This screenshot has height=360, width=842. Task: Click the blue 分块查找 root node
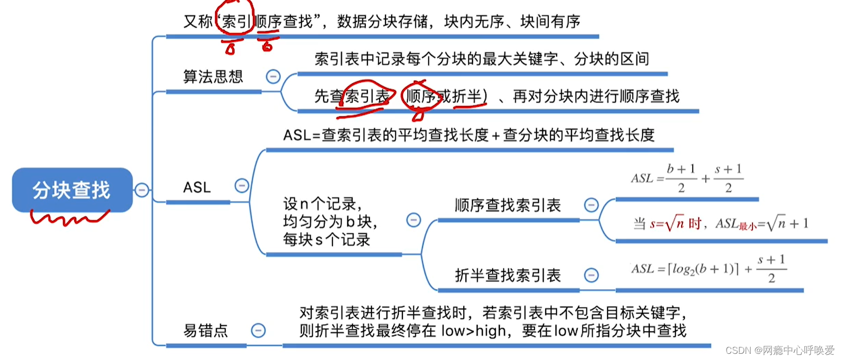click(x=72, y=190)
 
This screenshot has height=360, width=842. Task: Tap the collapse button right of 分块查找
click(x=142, y=190)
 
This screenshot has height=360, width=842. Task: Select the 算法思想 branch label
click(x=213, y=77)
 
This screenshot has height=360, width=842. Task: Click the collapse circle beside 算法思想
click(x=273, y=77)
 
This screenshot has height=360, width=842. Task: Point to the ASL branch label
click(x=197, y=187)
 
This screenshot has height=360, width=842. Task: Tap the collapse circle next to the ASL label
click(x=242, y=185)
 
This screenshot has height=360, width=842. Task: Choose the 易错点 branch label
click(x=206, y=331)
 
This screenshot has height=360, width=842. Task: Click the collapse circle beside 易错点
click(x=258, y=330)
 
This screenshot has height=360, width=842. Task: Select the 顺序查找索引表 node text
click(x=508, y=205)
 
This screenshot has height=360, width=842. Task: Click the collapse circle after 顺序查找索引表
click(x=591, y=205)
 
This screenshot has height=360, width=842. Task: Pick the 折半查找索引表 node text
click(x=508, y=276)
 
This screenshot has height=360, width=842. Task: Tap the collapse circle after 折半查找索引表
click(x=591, y=275)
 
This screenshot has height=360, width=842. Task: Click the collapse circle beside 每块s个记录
click(x=413, y=220)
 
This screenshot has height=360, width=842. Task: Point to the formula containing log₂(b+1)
click(x=709, y=269)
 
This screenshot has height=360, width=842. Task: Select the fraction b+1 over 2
click(x=681, y=178)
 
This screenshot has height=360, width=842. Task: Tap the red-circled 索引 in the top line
click(x=236, y=22)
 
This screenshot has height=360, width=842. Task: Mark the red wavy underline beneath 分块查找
click(x=70, y=218)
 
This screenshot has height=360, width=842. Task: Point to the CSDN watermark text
click(x=780, y=350)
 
